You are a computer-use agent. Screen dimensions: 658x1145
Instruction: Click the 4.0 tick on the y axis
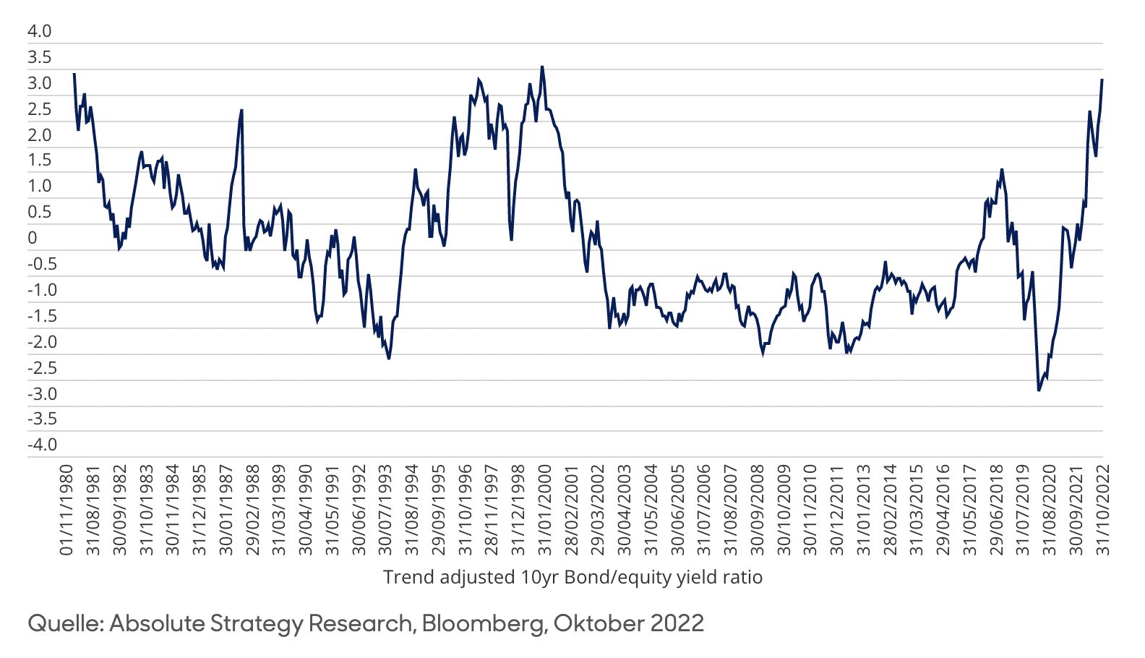[x=39, y=31]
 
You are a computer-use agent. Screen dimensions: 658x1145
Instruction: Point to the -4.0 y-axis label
[x=41, y=445]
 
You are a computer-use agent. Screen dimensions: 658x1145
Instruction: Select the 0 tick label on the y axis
[x=32, y=238]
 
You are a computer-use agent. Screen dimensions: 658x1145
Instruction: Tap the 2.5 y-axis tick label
[x=39, y=109]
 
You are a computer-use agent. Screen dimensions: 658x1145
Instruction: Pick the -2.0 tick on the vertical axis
[x=41, y=341]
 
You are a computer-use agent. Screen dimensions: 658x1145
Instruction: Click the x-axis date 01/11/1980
[x=67, y=510]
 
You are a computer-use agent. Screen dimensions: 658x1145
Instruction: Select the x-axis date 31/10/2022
[x=1103, y=510]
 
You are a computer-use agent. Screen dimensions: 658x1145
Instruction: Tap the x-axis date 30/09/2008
[x=758, y=510]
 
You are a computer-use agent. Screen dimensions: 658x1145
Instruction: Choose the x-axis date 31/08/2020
[x=1050, y=510]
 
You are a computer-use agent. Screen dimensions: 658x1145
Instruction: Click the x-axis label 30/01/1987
[x=226, y=510]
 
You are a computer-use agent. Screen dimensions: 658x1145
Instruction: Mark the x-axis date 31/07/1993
[x=385, y=510]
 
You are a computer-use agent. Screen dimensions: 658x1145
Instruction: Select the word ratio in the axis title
[x=743, y=577]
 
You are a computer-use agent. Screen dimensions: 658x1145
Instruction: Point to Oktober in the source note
[x=598, y=623]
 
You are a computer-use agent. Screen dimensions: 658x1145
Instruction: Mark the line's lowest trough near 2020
[x=1039, y=390]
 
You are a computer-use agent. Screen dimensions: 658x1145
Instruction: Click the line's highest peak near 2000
[x=542, y=67]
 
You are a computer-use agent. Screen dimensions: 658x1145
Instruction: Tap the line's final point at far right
[x=1102, y=80]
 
